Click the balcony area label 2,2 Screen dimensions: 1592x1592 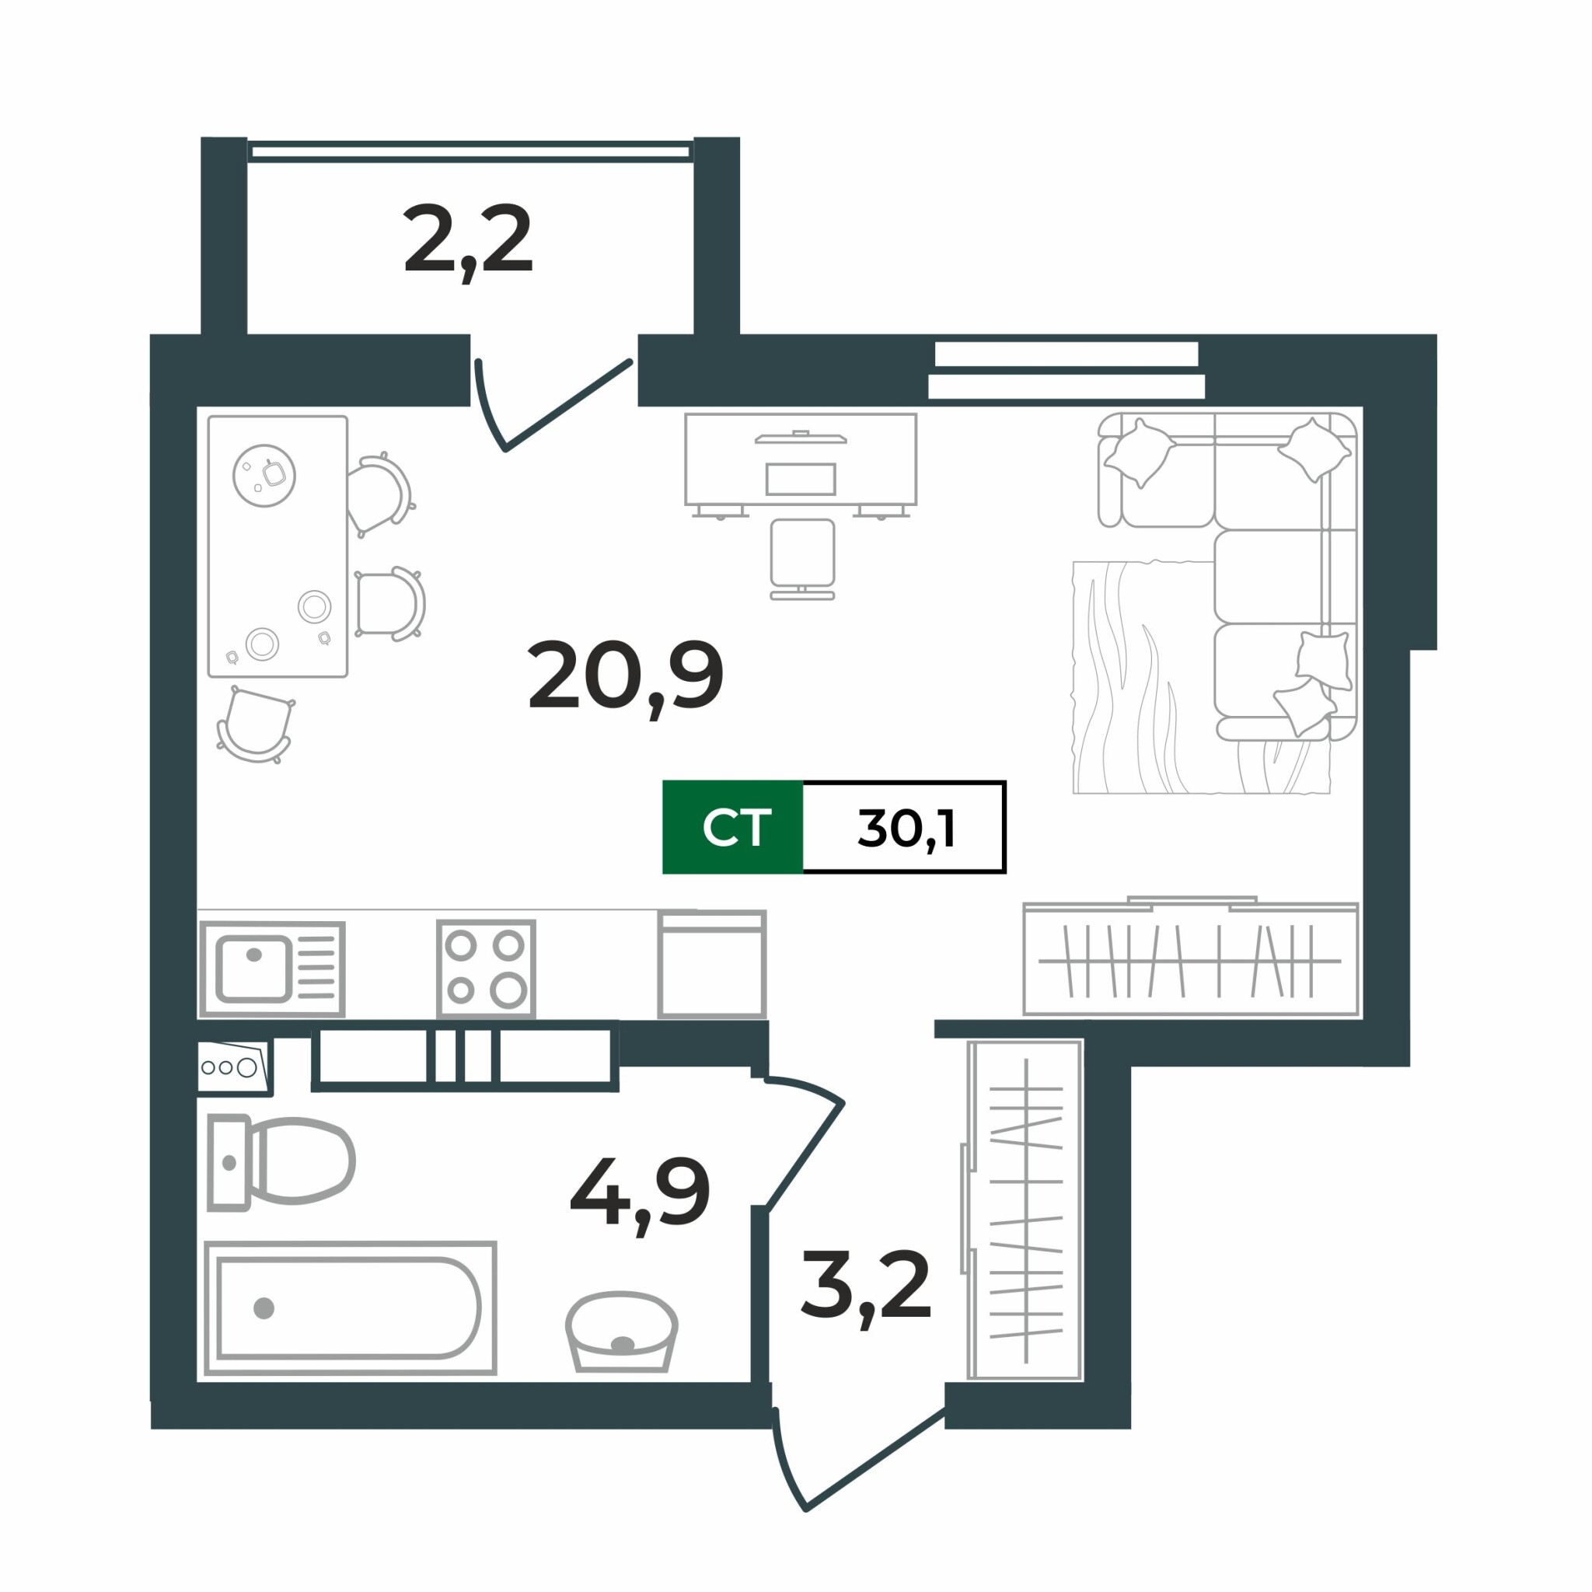pos(468,241)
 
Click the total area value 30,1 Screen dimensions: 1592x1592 pos(906,827)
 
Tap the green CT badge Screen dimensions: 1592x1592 pos(732,826)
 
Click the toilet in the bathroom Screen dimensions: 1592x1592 pos(280,1162)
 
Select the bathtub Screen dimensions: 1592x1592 pos(351,1307)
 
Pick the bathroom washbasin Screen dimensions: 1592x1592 pos(621,1331)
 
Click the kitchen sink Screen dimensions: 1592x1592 pos(272,969)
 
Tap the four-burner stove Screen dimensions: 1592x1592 pos(486,969)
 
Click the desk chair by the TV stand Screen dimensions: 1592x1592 pos(802,559)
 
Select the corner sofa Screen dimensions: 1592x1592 pos(1227,577)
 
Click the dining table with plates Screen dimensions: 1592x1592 pos(278,546)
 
